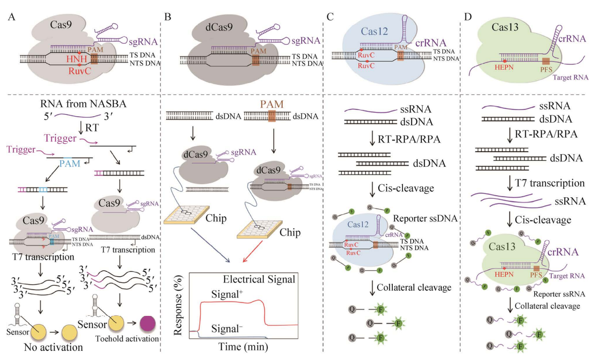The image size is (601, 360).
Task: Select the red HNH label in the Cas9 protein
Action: pyautogui.click(x=77, y=60)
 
